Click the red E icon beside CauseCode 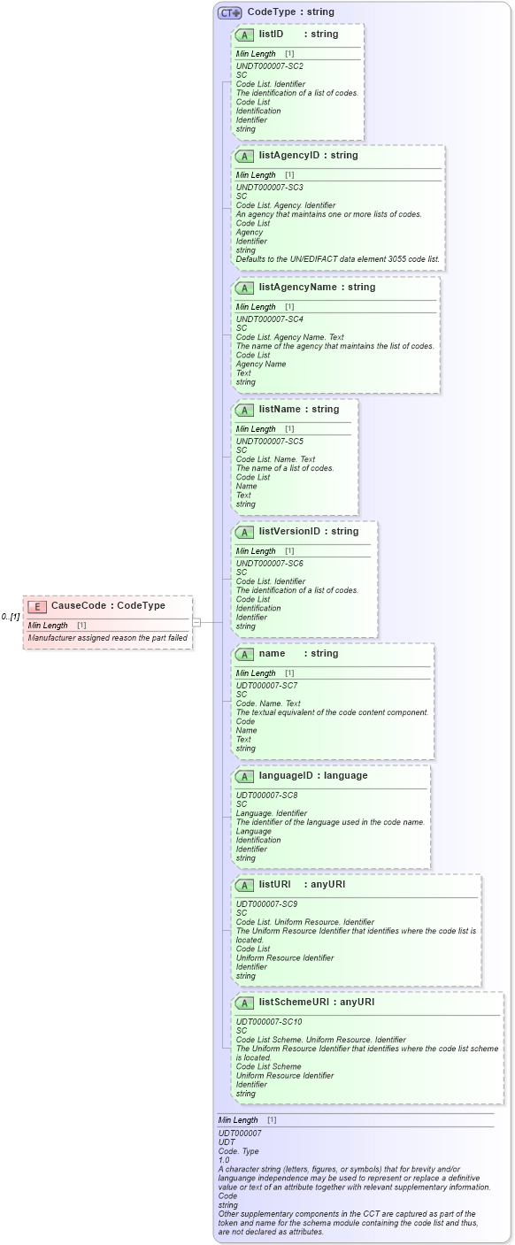37,606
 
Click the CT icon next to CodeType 230,12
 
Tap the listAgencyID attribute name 288,156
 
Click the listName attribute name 279,410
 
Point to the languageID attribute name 288,776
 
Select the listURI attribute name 274,885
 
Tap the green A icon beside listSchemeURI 244,1003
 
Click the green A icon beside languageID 244,776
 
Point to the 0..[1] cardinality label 11,617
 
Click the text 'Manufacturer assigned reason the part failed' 107,637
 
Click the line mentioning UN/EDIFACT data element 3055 337,259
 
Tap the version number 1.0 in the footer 225,1160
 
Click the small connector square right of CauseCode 196,622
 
